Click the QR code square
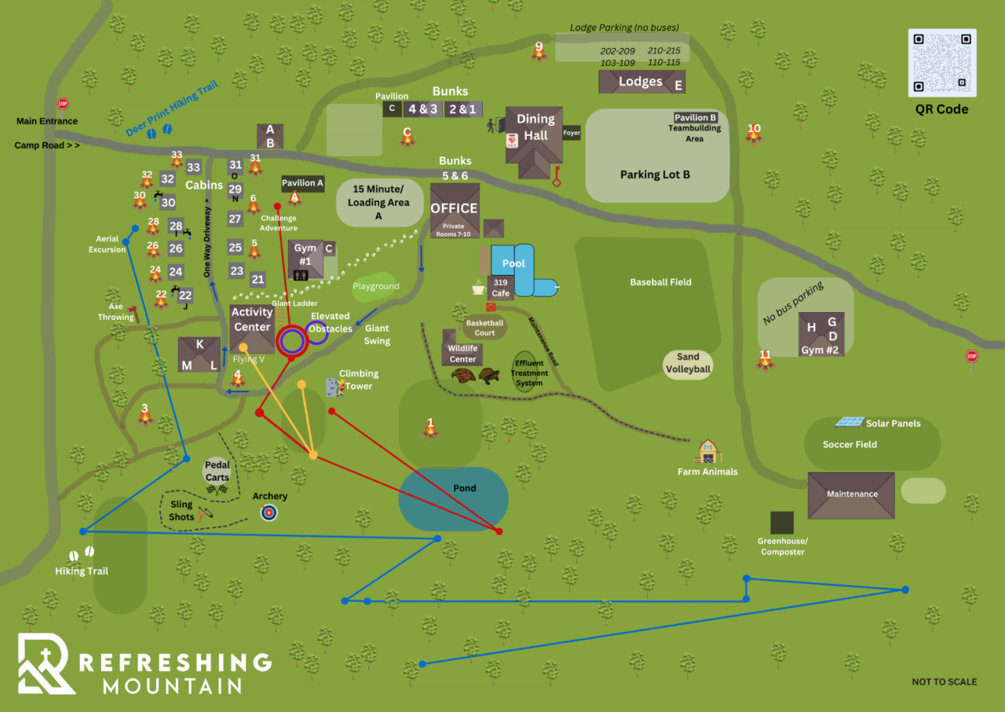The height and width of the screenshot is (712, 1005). tap(942, 63)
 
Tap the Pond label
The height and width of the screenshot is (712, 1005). tap(465, 488)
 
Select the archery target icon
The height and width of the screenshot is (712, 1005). tap(269, 512)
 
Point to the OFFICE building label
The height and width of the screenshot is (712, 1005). tap(454, 208)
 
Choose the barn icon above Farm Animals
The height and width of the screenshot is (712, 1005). tap(708, 452)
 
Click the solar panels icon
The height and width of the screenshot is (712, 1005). tap(850, 422)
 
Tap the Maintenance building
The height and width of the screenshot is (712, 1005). tap(851, 495)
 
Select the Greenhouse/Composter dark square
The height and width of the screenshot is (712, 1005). tap(781, 523)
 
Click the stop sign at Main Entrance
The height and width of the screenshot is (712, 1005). tap(63, 104)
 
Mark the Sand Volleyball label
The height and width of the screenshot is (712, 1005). tap(688, 363)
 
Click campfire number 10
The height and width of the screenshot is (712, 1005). tap(754, 132)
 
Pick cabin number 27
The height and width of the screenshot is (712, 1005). tap(235, 219)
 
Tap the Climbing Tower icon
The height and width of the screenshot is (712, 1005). tap(334, 386)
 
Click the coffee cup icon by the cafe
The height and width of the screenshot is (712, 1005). tap(477, 288)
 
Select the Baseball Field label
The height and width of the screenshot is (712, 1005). tap(660, 282)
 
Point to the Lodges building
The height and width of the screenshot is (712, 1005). tap(641, 82)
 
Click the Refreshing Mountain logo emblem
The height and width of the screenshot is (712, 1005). tap(46, 664)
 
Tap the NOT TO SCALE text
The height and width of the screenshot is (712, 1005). tap(944, 681)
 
